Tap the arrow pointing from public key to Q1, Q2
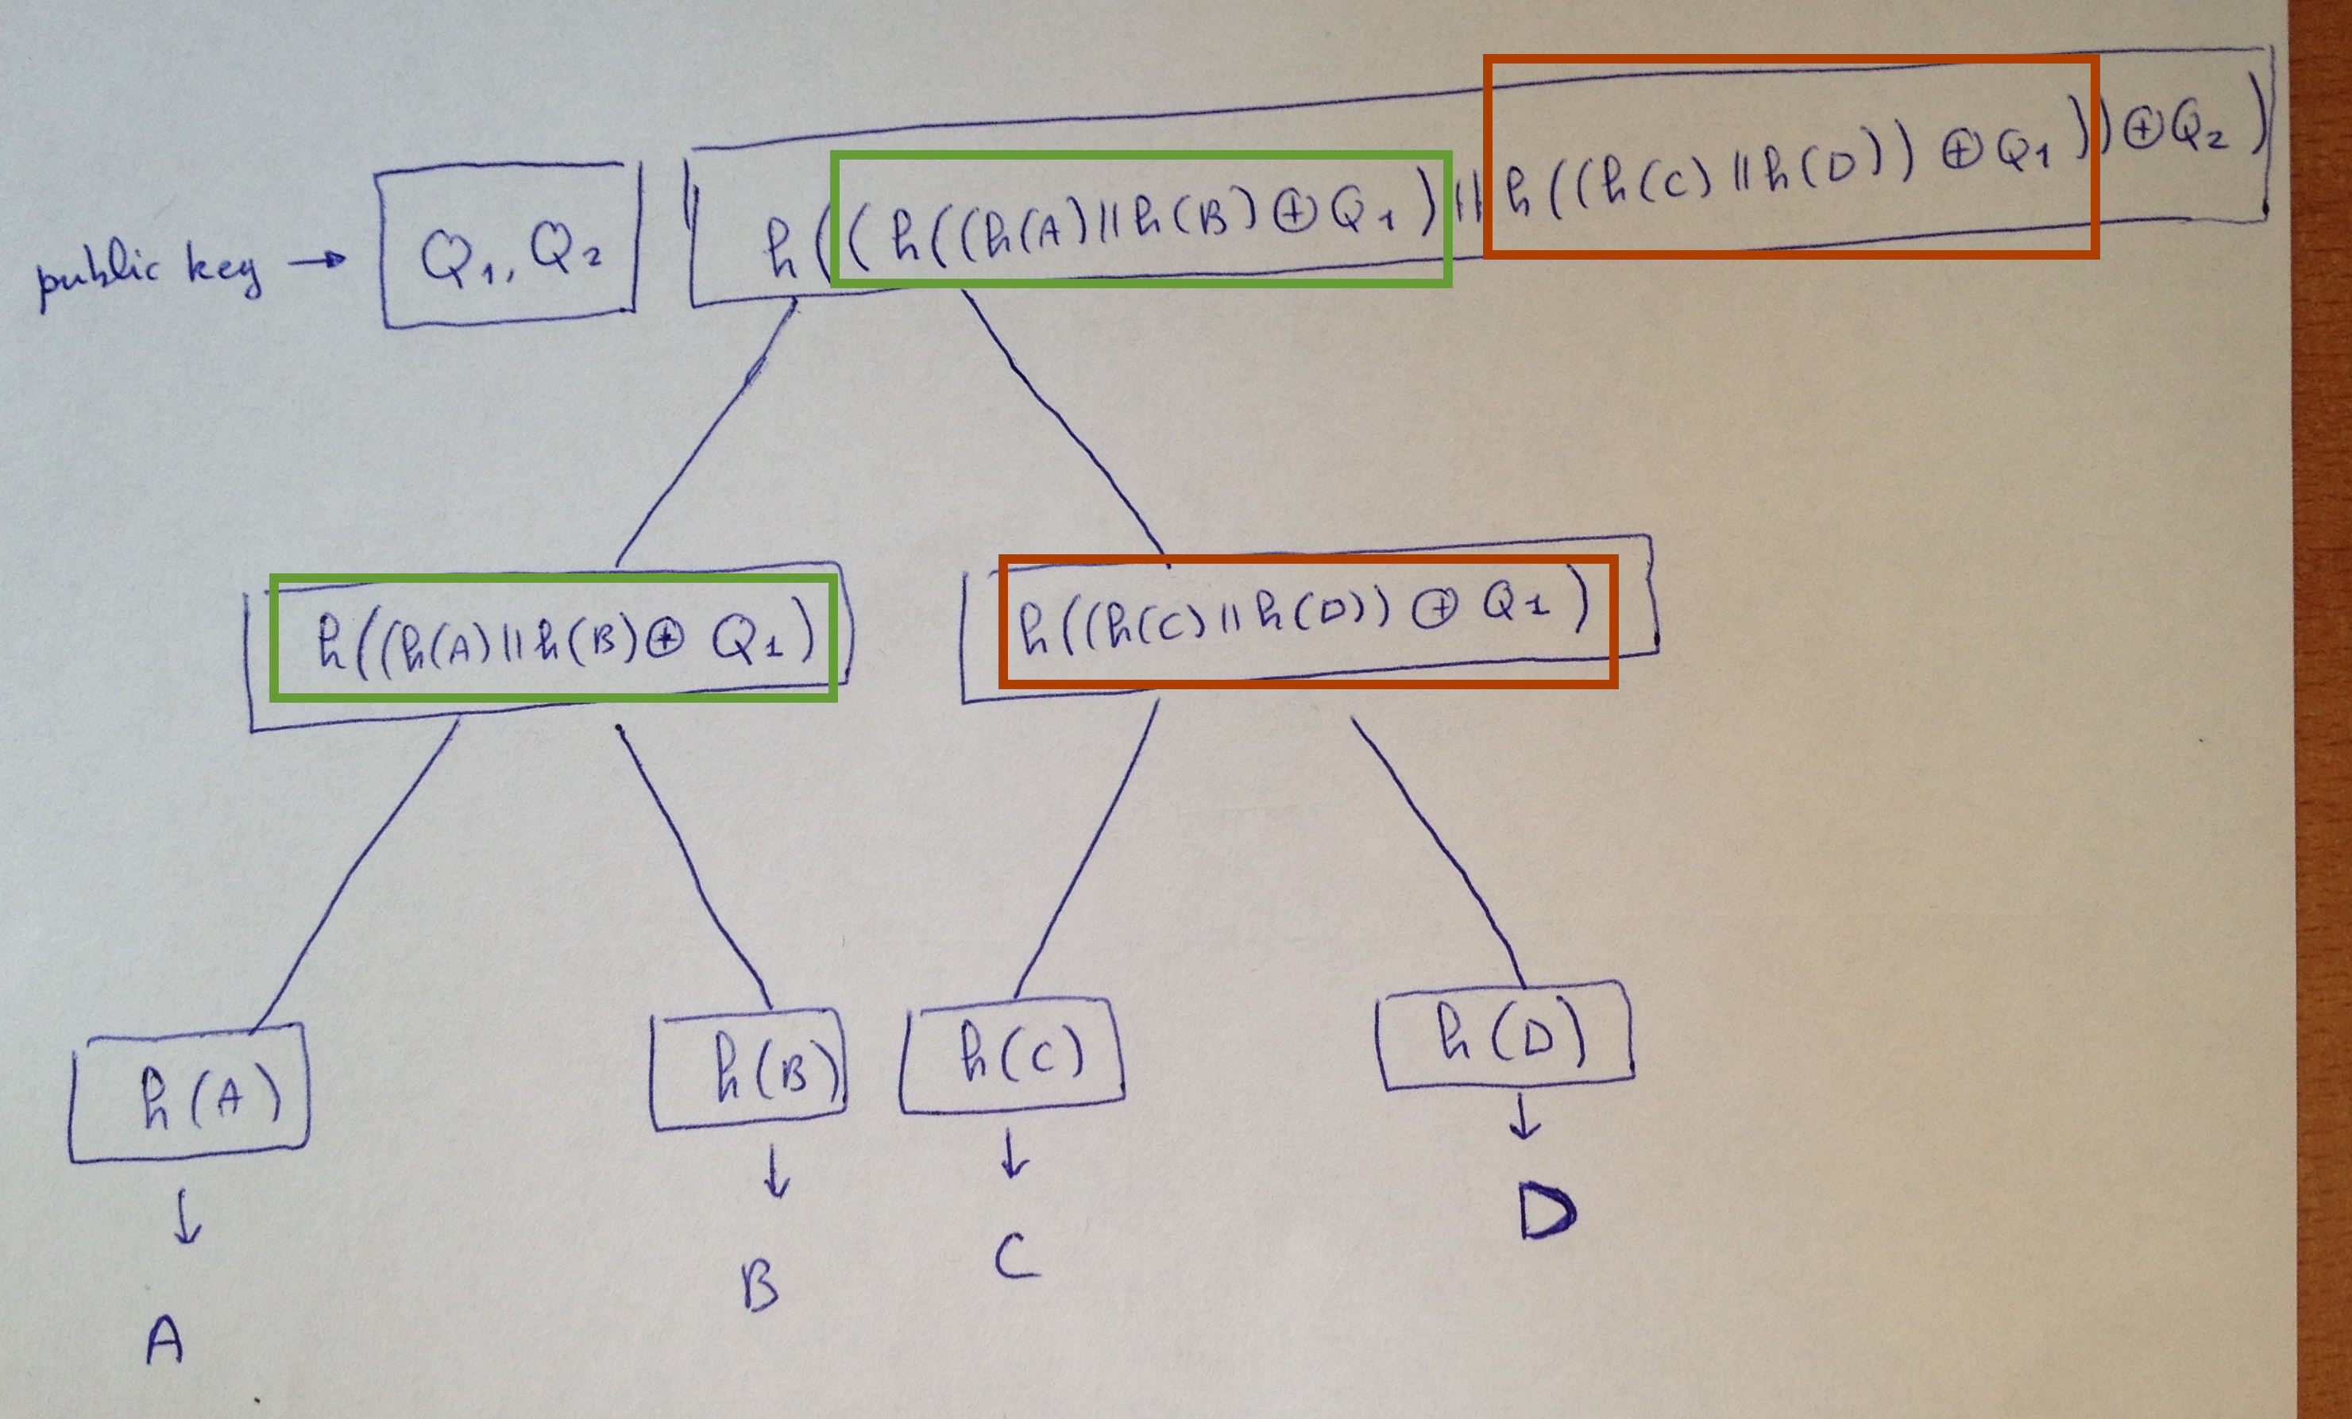pos(318,260)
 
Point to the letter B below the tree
pos(760,1287)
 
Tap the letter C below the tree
pos(1016,1257)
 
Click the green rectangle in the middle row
pos(554,638)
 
